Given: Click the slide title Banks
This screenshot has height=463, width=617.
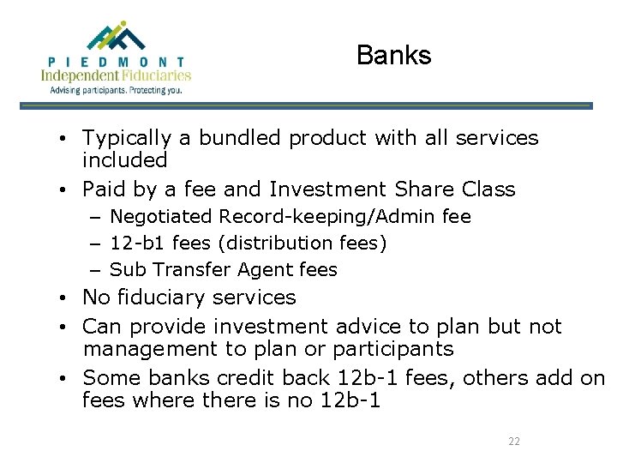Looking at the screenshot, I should pos(393,56).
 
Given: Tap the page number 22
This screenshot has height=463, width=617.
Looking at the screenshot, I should pos(514,442).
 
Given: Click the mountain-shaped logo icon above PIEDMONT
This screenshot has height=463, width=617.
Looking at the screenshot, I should pos(117,37).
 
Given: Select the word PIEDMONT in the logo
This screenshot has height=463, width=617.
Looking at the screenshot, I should pos(117,63).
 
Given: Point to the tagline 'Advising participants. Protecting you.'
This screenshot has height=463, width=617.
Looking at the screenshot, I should pos(117,89).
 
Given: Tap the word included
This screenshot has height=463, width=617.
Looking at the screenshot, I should pos(124,160).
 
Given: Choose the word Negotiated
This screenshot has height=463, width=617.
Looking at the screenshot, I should pos(163,218).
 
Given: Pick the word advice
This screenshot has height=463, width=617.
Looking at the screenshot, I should pos(367,327).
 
